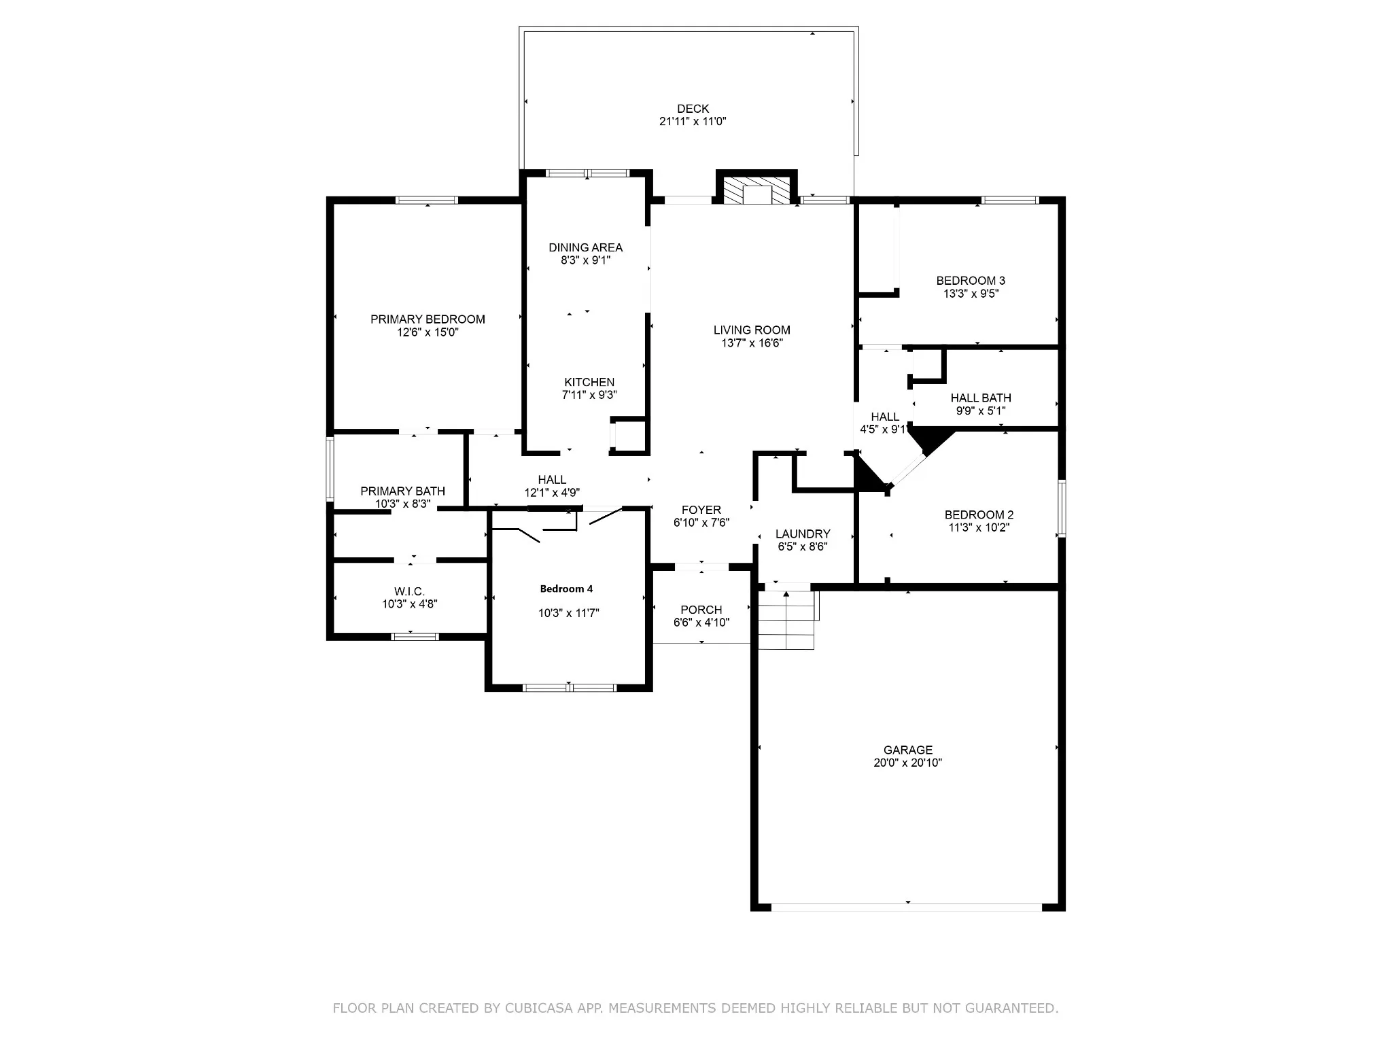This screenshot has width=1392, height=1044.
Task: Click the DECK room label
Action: click(x=693, y=109)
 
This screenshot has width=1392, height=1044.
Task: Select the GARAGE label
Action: click(x=907, y=750)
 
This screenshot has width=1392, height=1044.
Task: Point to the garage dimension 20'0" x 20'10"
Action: click(x=907, y=763)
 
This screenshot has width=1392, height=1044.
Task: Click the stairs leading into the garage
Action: click(x=786, y=619)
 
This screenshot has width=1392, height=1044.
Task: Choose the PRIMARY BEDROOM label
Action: click(x=428, y=319)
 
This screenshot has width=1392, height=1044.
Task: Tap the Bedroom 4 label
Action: click(x=566, y=589)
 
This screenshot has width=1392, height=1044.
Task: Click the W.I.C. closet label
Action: click(x=409, y=591)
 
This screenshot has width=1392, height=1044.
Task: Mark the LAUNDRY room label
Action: click(x=803, y=534)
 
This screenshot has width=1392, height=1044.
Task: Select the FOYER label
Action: click(x=701, y=510)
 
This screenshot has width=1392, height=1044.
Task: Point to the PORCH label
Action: click(x=701, y=610)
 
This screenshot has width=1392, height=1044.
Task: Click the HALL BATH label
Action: click(x=981, y=398)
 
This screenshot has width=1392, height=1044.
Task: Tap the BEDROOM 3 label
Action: click(x=971, y=281)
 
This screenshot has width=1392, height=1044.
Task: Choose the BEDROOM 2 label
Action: click(x=979, y=515)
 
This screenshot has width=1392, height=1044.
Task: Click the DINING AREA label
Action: click(x=586, y=247)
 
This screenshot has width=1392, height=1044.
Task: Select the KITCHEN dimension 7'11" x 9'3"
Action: click(x=589, y=395)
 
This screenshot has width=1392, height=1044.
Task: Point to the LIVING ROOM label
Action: click(x=752, y=330)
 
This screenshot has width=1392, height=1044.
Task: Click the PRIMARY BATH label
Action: click(x=403, y=491)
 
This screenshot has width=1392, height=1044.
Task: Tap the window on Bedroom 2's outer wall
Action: click(x=1062, y=508)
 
